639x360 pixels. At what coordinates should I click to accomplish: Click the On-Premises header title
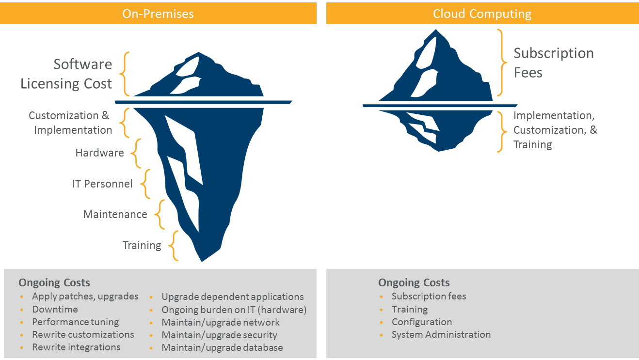[158, 14]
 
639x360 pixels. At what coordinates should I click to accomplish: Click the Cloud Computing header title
[482, 14]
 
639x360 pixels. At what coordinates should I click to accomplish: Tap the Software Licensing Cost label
[66, 74]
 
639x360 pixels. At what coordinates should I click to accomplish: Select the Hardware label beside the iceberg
[99, 153]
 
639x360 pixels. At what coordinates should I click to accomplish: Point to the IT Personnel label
[102, 184]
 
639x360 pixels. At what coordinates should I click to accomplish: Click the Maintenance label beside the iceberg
[115, 215]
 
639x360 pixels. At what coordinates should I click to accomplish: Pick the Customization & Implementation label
[70, 123]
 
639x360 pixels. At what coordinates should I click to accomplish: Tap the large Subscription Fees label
[553, 63]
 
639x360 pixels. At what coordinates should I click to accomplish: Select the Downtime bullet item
[55, 309]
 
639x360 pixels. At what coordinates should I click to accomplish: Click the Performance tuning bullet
[75, 322]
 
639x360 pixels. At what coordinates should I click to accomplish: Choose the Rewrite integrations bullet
[76, 347]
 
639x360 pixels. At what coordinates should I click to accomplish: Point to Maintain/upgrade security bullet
[219, 335]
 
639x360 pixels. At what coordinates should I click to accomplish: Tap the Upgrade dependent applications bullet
[233, 297]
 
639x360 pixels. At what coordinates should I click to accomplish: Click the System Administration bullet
[441, 334]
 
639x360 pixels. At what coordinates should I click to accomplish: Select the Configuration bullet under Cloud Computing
[421, 322]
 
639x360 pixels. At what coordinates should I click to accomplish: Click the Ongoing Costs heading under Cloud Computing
[414, 282]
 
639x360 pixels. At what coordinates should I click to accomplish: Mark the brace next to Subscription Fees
[501, 63]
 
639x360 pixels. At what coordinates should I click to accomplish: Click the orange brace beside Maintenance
[160, 215]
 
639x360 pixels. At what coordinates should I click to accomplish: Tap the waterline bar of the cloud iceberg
[439, 105]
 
